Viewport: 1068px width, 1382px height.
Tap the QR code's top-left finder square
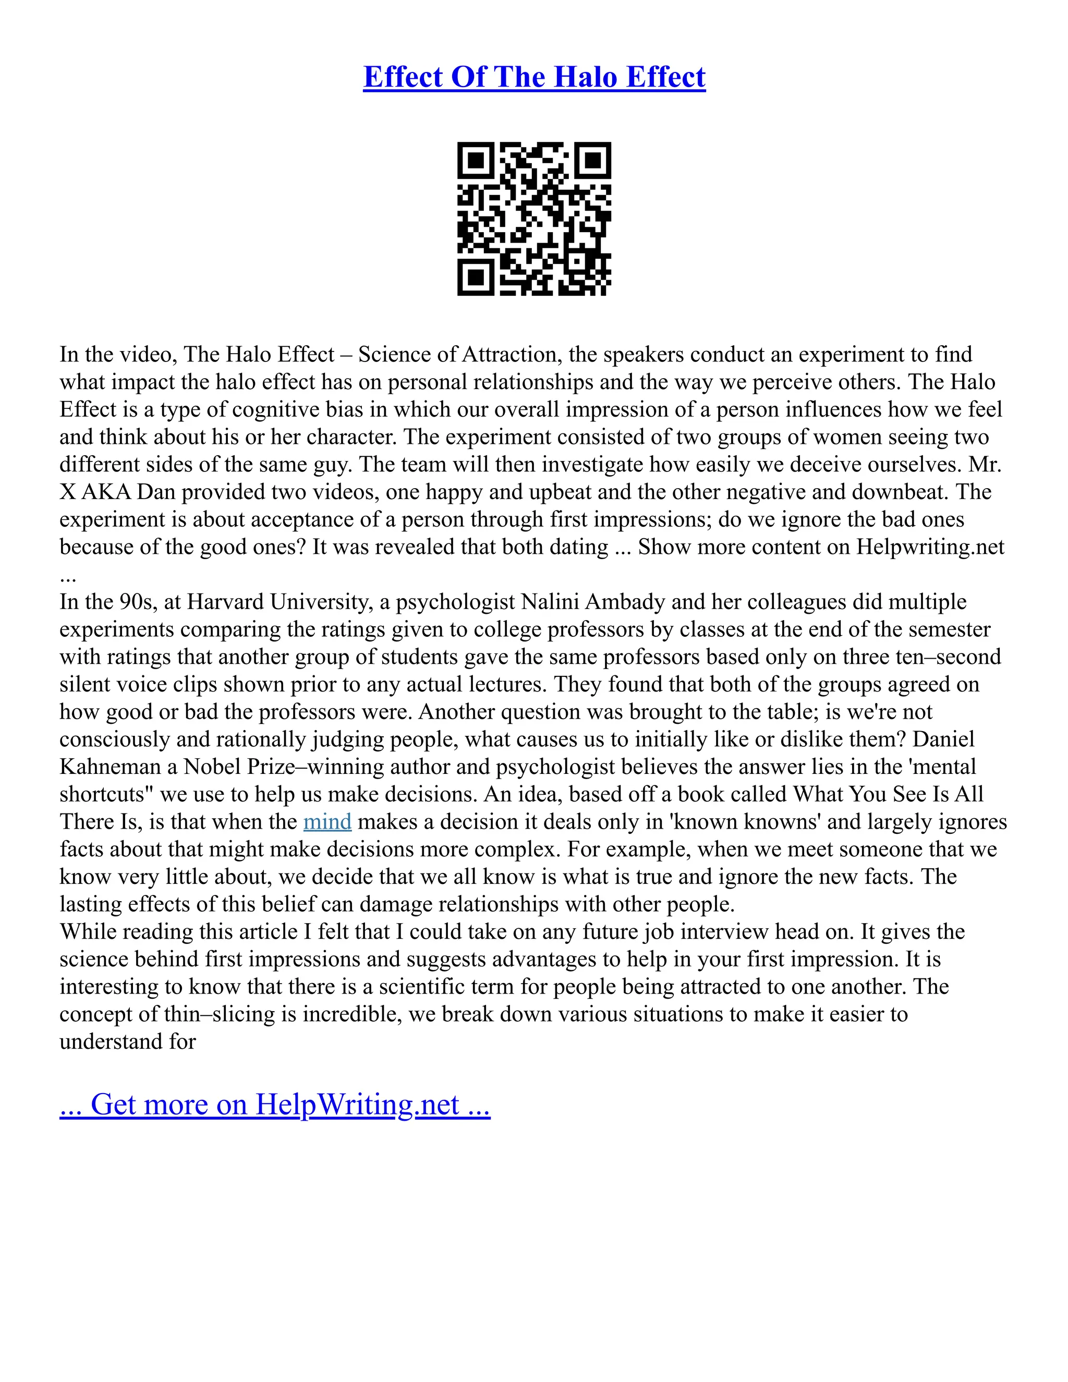click(475, 160)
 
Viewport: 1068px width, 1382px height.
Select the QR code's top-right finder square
click(593, 160)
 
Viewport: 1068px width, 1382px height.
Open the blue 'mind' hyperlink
click(327, 822)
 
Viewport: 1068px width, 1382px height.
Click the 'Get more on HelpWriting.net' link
click(275, 1104)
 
